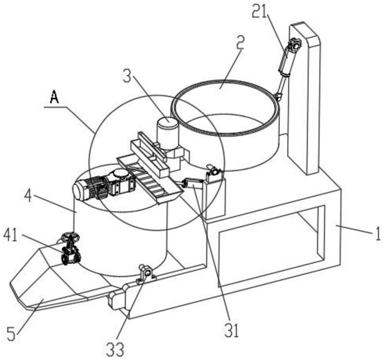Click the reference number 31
click(x=230, y=329)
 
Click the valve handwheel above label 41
click(x=71, y=237)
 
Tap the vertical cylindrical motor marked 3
click(x=168, y=134)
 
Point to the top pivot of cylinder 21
click(x=295, y=44)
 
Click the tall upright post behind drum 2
click(x=304, y=98)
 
